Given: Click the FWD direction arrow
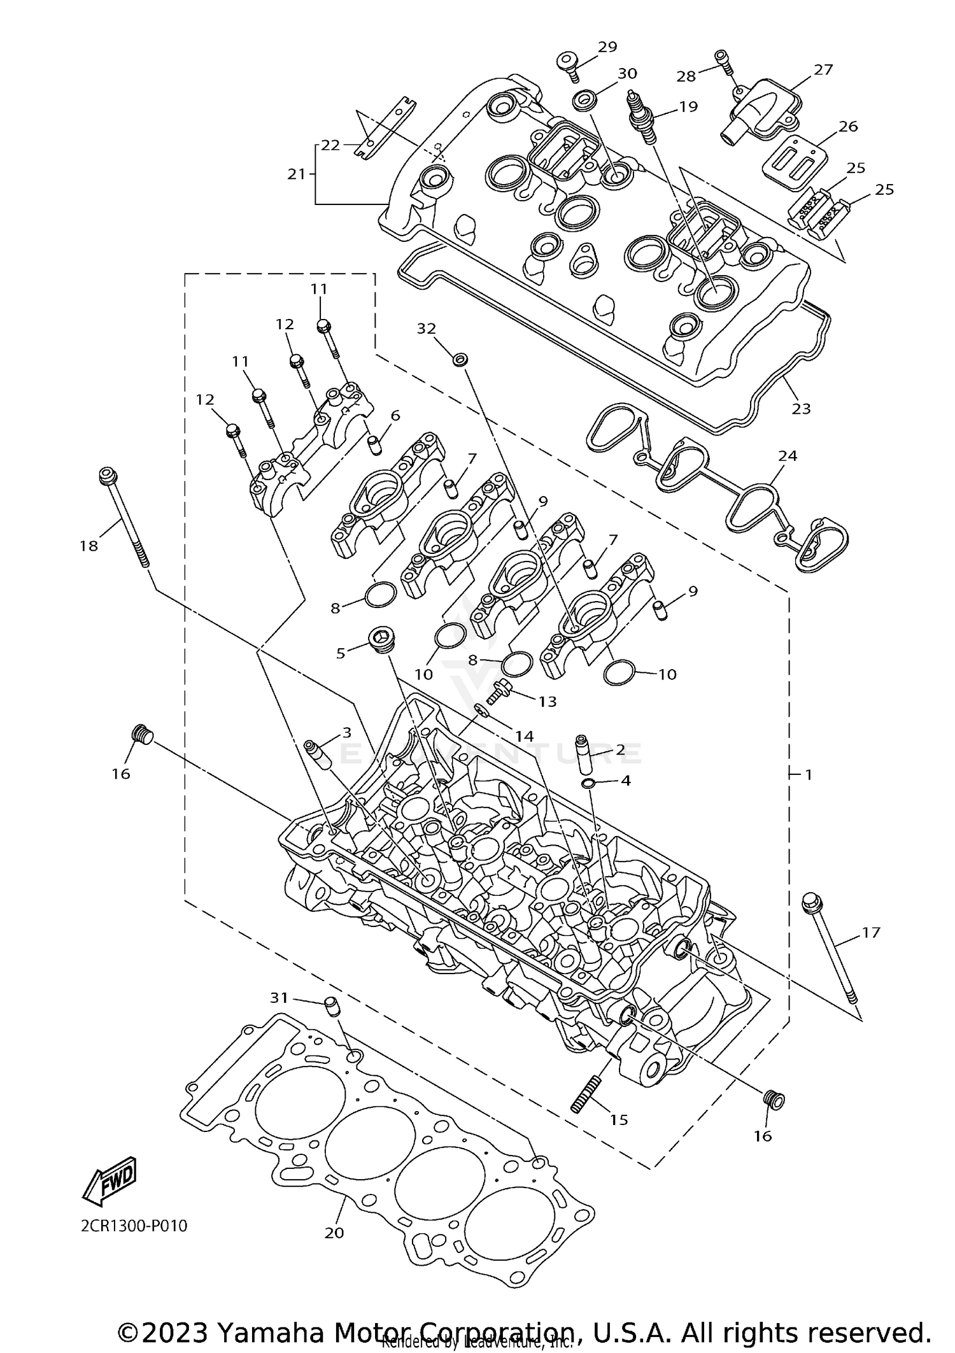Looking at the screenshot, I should [110, 1180].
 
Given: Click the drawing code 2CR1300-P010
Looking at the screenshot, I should [134, 1226].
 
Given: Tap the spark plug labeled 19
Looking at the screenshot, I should [640, 117].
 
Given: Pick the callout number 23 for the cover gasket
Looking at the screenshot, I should [800, 408].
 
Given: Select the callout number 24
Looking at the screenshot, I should [788, 456].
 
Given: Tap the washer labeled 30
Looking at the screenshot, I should [584, 100].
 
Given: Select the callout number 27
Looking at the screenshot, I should [823, 69].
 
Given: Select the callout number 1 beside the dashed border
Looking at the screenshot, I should [809, 775].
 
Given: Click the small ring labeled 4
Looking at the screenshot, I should [589, 782].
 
